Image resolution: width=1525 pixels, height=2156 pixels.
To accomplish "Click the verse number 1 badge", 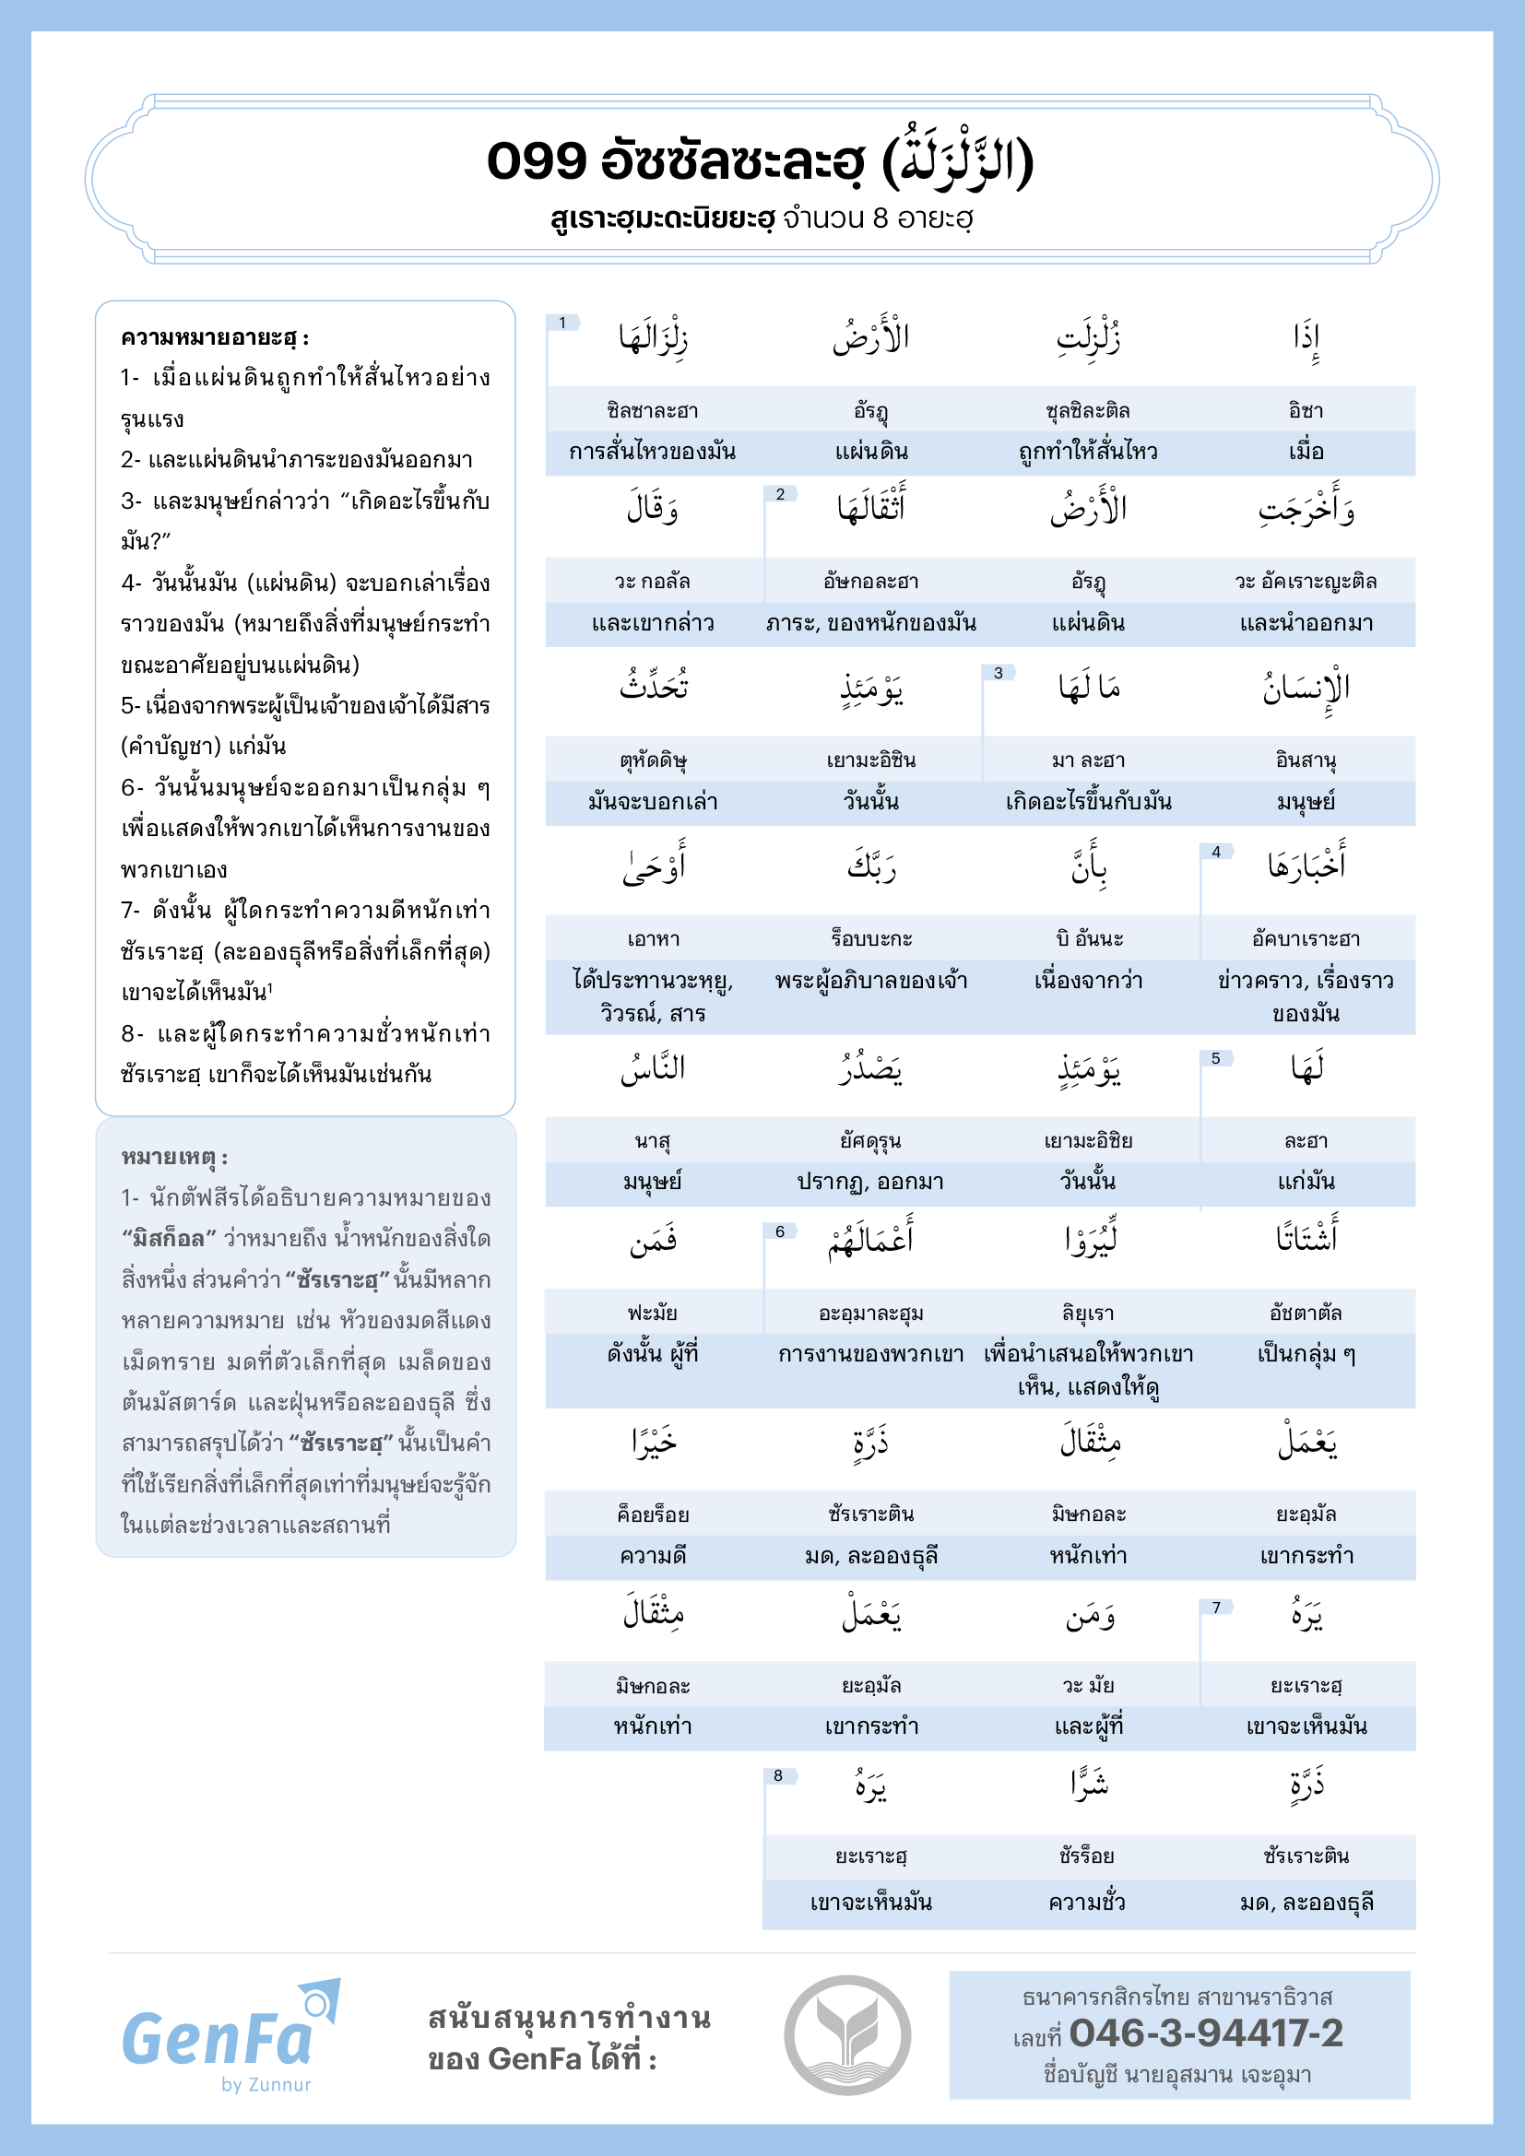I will (x=562, y=323).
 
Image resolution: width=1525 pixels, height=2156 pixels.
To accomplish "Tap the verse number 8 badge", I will (x=778, y=1775).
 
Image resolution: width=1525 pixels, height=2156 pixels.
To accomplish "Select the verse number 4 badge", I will (x=1216, y=852).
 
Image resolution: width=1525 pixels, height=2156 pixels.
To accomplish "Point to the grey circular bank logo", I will (x=847, y=2035).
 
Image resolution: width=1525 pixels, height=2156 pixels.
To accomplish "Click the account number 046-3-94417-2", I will (x=1206, y=2033).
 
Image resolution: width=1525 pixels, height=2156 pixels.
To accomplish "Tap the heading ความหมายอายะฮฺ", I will (x=215, y=338).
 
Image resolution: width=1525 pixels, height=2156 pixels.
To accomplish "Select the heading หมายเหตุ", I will (x=174, y=1157).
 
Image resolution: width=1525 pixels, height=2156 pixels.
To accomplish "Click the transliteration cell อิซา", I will (x=1306, y=410).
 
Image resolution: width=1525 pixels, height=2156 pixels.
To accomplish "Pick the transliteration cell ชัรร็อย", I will (x=1087, y=1856).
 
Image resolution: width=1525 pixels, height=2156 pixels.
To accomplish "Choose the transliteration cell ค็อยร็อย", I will (x=654, y=1514).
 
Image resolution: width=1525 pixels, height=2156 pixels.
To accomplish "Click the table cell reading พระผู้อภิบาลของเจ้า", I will (x=871, y=982).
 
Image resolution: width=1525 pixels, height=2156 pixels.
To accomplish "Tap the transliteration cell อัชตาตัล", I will (x=1306, y=1313).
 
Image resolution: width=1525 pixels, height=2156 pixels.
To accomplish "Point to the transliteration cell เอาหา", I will (x=654, y=939).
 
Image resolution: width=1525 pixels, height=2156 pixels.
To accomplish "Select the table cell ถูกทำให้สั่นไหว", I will (x=1088, y=452).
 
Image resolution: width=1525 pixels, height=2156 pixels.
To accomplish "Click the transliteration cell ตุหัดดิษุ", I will (x=654, y=760).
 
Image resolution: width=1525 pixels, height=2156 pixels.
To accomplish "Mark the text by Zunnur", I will (x=266, y=2085).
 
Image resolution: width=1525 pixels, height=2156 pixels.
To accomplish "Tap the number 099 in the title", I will (x=537, y=160).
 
